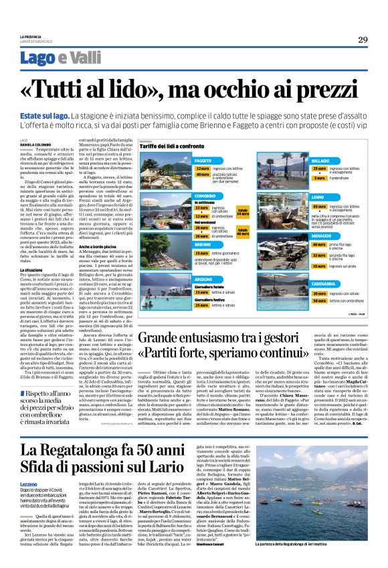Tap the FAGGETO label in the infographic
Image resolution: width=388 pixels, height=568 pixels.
click(203, 161)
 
